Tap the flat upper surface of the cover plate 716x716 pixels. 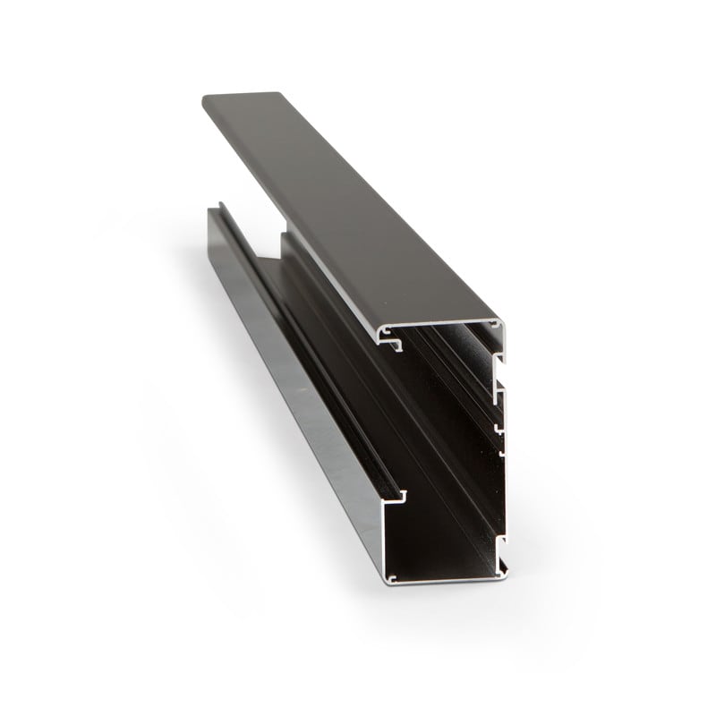[340, 197]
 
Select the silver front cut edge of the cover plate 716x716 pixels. [439, 323]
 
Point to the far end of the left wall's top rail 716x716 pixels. [215, 211]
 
